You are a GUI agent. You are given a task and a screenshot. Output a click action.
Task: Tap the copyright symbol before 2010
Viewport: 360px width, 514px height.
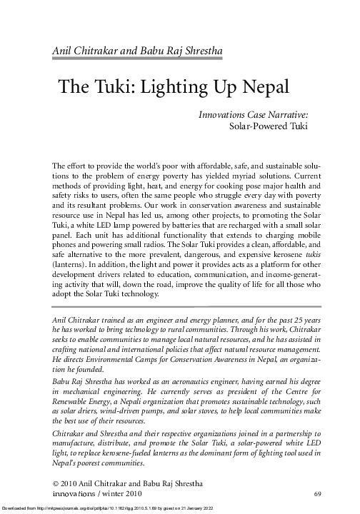(56, 483)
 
